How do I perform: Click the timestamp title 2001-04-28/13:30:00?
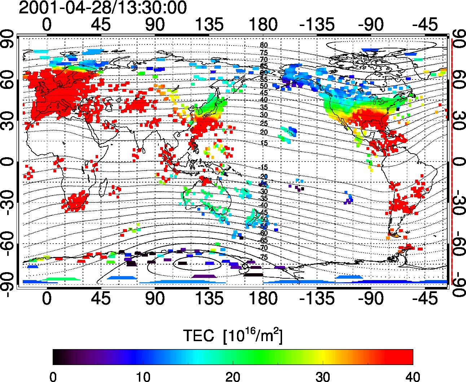pos(102,8)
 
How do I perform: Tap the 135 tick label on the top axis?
pos(209,25)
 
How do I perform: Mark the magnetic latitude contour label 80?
pos(264,46)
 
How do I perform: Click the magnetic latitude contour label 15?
pos(264,143)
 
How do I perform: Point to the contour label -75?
pos(264,257)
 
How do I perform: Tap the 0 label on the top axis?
pos(47,25)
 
